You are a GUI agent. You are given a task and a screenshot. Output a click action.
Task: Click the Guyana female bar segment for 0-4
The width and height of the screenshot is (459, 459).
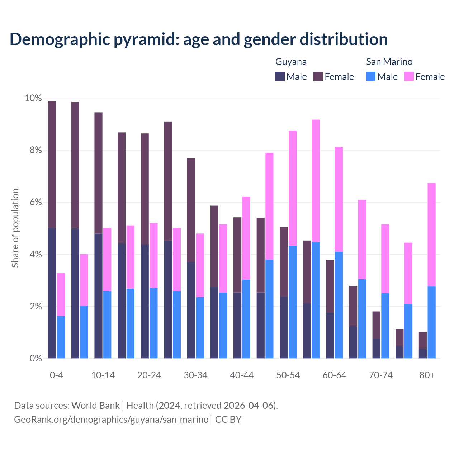pos(52,164)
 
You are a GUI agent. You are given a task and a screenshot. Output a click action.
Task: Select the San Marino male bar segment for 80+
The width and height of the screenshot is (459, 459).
pos(431,322)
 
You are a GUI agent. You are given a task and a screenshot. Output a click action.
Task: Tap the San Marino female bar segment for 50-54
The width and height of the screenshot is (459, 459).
pos(293,188)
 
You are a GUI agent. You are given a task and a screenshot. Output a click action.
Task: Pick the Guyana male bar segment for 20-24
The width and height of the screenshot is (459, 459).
pos(145,301)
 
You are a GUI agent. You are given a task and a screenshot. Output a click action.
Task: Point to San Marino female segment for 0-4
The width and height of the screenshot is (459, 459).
pos(61,294)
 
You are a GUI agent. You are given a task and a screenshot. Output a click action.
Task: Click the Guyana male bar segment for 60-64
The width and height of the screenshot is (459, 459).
pos(330,335)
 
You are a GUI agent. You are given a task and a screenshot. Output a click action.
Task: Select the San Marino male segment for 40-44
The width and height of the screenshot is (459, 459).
pos(246,319)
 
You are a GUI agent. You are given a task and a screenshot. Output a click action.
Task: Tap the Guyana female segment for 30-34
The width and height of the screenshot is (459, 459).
pos(191,210)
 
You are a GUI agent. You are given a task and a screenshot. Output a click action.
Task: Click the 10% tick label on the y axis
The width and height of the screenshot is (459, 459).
pos(33,98)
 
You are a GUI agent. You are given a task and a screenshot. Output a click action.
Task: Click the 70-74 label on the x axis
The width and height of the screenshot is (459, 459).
pos(380,375)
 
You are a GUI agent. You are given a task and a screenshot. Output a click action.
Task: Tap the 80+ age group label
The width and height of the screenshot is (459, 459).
pos(427,375)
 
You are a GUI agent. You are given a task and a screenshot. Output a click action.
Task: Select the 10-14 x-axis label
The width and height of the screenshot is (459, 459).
pos(103,375)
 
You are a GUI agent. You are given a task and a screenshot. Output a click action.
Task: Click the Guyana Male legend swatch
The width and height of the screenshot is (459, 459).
pos(280,76)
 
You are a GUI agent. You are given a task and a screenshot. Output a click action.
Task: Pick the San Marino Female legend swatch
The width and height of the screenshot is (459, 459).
pos(409,76)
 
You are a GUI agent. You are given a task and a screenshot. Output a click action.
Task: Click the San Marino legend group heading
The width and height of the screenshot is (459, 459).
pos(389,62)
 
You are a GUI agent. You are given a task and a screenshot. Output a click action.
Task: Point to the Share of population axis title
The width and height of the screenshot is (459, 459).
pos(15,228)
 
